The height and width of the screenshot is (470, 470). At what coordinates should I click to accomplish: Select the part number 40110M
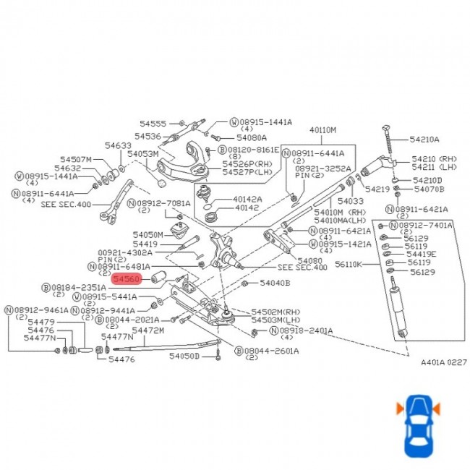[323, 130]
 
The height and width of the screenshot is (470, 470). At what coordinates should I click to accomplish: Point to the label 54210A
[424, 139]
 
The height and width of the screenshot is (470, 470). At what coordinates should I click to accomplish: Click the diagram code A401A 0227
[444, 362]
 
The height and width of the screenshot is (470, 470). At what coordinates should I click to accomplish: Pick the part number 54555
[153, 124]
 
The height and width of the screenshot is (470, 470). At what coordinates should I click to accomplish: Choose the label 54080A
[252, 137]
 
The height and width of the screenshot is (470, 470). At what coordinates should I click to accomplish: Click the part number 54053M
[142, 154]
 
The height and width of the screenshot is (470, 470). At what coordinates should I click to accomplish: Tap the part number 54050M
[148, 235]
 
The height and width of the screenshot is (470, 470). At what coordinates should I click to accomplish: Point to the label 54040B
[275, 283]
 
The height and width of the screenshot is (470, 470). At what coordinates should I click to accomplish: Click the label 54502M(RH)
[275, 312]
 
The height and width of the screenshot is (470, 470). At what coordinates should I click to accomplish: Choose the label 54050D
[184, 356]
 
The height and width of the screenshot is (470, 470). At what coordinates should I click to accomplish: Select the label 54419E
[421, 255]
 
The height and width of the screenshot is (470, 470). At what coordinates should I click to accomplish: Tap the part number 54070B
[430, 189]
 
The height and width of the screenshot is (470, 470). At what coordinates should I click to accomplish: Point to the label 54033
[351, 201]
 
